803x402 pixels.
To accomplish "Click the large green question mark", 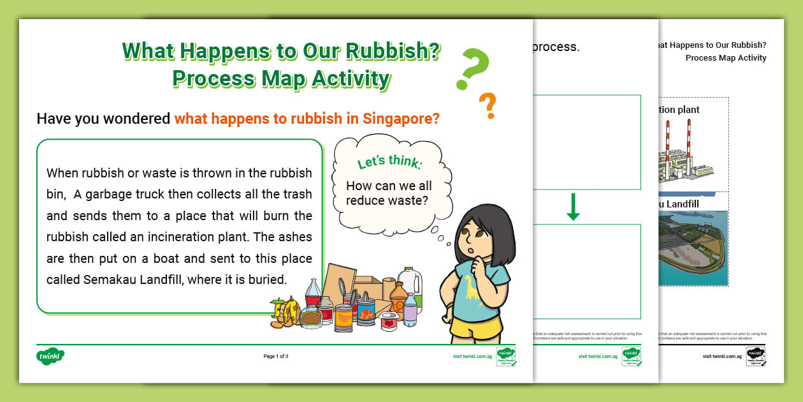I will [x=473, y=67].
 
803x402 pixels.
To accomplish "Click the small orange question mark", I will [x=488, y=104].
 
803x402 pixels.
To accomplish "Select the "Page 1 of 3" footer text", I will [x=276, y=356].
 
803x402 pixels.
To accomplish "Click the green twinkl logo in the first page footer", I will [x=51, y=356].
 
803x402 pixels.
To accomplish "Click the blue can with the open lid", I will [x=366, y=312].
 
